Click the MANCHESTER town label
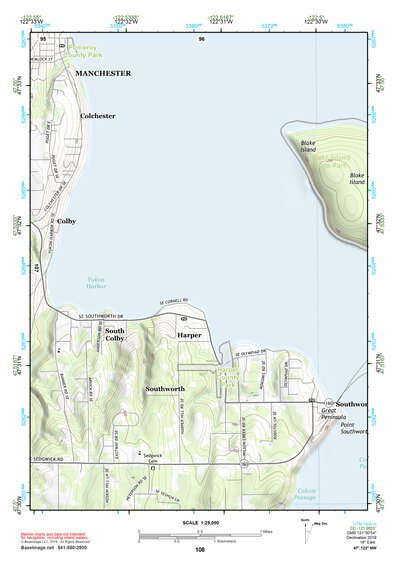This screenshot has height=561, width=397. (105, 74)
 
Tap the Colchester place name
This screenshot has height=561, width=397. (98, 116)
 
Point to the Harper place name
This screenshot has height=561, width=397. (190, 335)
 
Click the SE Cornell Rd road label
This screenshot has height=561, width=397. (174, 303)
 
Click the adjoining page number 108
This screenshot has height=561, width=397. (200, 550)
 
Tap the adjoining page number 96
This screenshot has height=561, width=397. (201, 38)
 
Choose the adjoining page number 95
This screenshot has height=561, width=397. (45, 38)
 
